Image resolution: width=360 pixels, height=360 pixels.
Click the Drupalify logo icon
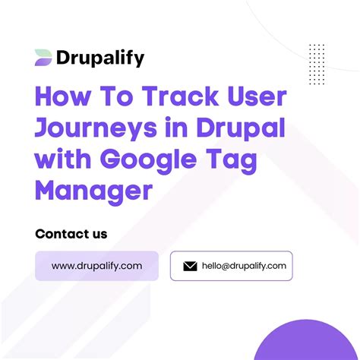click(x=43, y=57)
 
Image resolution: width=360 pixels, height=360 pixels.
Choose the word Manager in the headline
click(x=93, y=189)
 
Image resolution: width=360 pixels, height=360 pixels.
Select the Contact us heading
click(x=71, y=233)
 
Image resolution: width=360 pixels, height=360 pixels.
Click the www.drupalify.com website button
click(x=96, y=266)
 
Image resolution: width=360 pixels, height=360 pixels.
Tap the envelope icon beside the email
click(x=191, y=266)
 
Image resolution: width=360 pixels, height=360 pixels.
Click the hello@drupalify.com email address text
click(x=243, y=266)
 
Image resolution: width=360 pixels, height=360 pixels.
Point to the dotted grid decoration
click(x=317, y=60)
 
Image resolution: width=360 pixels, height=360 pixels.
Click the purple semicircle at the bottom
click(x=315, y=343)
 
